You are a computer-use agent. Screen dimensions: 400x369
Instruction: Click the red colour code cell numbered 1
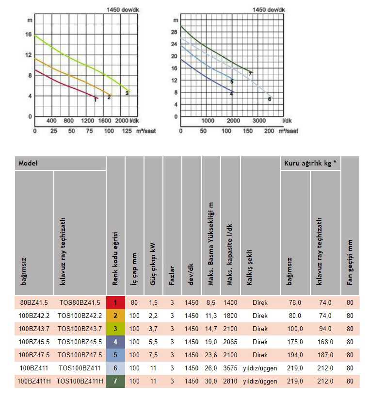(115, 302)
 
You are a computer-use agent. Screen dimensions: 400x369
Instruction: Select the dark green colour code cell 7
(115, 381)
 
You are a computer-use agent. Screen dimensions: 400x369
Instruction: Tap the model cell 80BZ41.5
(34, 302)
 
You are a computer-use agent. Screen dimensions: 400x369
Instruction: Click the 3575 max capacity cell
(230, 368)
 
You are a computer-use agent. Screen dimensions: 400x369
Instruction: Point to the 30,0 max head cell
(211, 381)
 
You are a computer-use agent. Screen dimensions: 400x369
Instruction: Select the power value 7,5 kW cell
(153, 355)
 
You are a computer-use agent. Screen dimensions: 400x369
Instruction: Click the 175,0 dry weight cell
(295, 342)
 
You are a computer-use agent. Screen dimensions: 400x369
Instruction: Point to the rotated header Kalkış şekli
(250, 272)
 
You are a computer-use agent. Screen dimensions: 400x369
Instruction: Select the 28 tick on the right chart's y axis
(174, 32)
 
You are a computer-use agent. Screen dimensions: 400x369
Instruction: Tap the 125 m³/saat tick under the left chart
(127, 131)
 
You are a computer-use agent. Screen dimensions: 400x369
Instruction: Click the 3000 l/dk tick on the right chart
(259, 121)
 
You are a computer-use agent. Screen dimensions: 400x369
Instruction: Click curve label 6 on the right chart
(269, 99)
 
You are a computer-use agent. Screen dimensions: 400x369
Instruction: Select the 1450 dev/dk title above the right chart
(269, 9)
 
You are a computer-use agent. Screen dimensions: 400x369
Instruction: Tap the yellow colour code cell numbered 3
(115, 329)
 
